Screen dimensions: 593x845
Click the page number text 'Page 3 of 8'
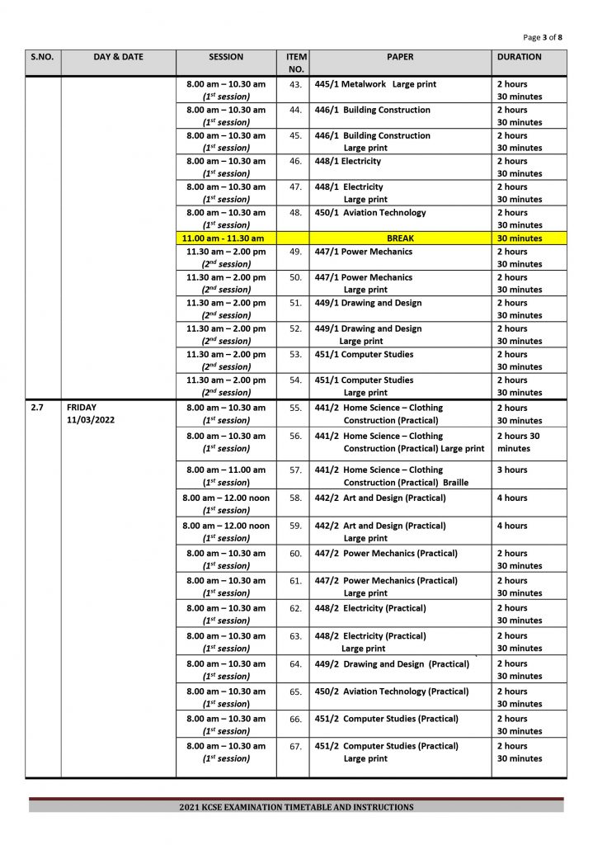click(x=543, y=37)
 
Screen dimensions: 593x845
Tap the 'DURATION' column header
click(x=519, y=58)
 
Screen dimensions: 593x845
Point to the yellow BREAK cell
click(x=400, y=238)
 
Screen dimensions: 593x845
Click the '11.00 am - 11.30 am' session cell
click(x=225, y=238)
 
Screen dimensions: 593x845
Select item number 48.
click(x=295, y=213)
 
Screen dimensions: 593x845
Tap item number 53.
click(x=295, y=355)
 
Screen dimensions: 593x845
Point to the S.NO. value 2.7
click(x=37, y=408)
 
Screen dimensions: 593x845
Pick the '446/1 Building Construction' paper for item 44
click(x=372, y=110)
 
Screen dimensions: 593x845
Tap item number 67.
click(x=295, y=746)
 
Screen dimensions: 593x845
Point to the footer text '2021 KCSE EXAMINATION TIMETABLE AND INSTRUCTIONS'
click(x=296, y=807)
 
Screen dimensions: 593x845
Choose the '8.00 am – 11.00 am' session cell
click(x=225, y=470)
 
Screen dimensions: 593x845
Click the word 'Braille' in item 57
click(x=455, y=483)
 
